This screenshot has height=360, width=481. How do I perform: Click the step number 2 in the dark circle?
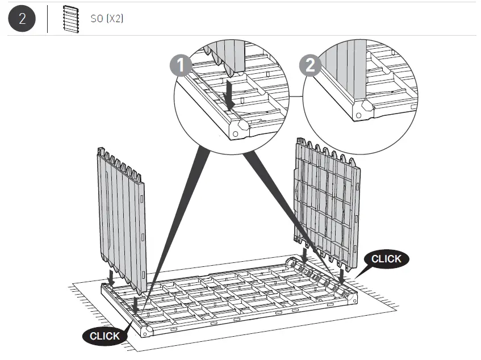pyautogui.click(x=22, y=18)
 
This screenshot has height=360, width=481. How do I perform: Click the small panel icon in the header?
pyautogui.click(x=70, y=18)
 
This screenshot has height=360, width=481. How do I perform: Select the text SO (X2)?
pyautogui.click(x=107, y=19)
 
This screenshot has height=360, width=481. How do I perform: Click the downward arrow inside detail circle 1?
pyautogui.click(x=229, y=94)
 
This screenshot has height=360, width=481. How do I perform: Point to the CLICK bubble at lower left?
pyautogui.click(x=105, y=336)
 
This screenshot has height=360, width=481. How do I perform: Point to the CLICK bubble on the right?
pyautogui.click(x=386, y=259)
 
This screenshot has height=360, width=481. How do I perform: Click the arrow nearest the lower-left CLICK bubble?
pyautogui.click(x=136, y=304)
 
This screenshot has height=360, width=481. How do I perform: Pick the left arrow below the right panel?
pyautogui.click(x=305, y=255)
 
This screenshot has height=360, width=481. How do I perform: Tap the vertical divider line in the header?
pyautogui.click(x=47, y=19)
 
